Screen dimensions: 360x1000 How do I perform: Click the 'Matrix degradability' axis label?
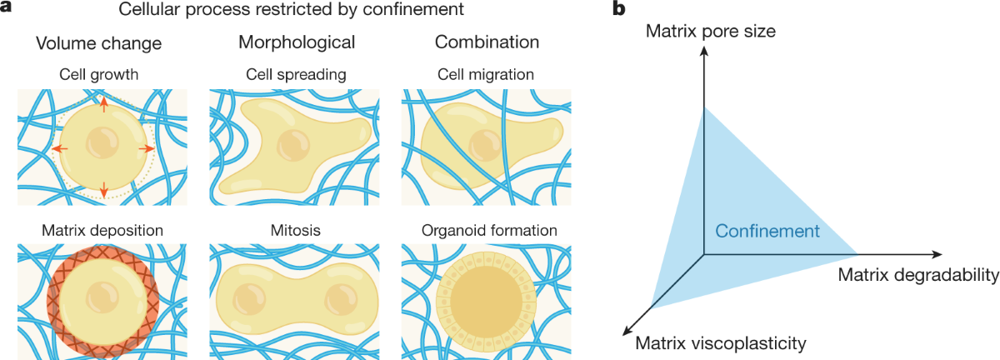(917, 274)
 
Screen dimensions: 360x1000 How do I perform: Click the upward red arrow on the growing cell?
(103, 104)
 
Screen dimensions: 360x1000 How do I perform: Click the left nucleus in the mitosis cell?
(248, 297)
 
